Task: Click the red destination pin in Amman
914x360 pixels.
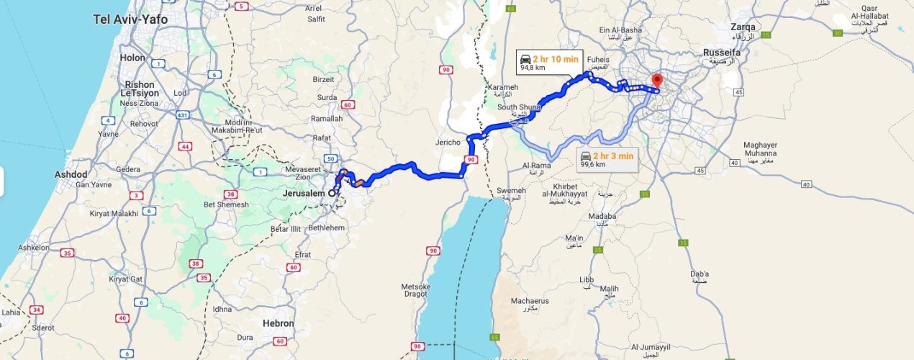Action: point(656,80)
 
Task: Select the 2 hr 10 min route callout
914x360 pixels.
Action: point(549,63)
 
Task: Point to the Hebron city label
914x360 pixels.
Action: point(279,323)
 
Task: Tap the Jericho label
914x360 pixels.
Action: point(447,142)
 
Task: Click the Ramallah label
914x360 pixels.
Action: point(326,119)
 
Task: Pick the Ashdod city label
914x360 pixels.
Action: point(71,175)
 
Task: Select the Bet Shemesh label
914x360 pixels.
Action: point(226,204)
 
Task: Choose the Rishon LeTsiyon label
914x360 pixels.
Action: point(140,89)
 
